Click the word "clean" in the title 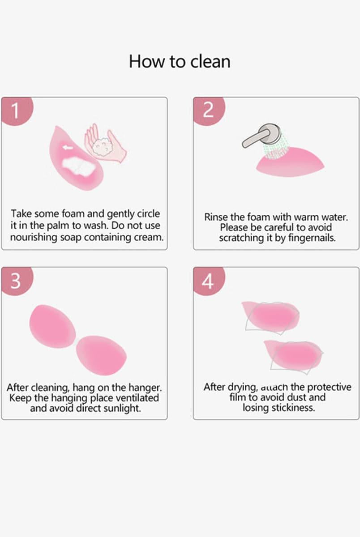pos(210,61)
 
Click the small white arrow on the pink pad pos(68,148)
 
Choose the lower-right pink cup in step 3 pos(102,355)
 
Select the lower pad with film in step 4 pos(294,354)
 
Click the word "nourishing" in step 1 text pos(34,237)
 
